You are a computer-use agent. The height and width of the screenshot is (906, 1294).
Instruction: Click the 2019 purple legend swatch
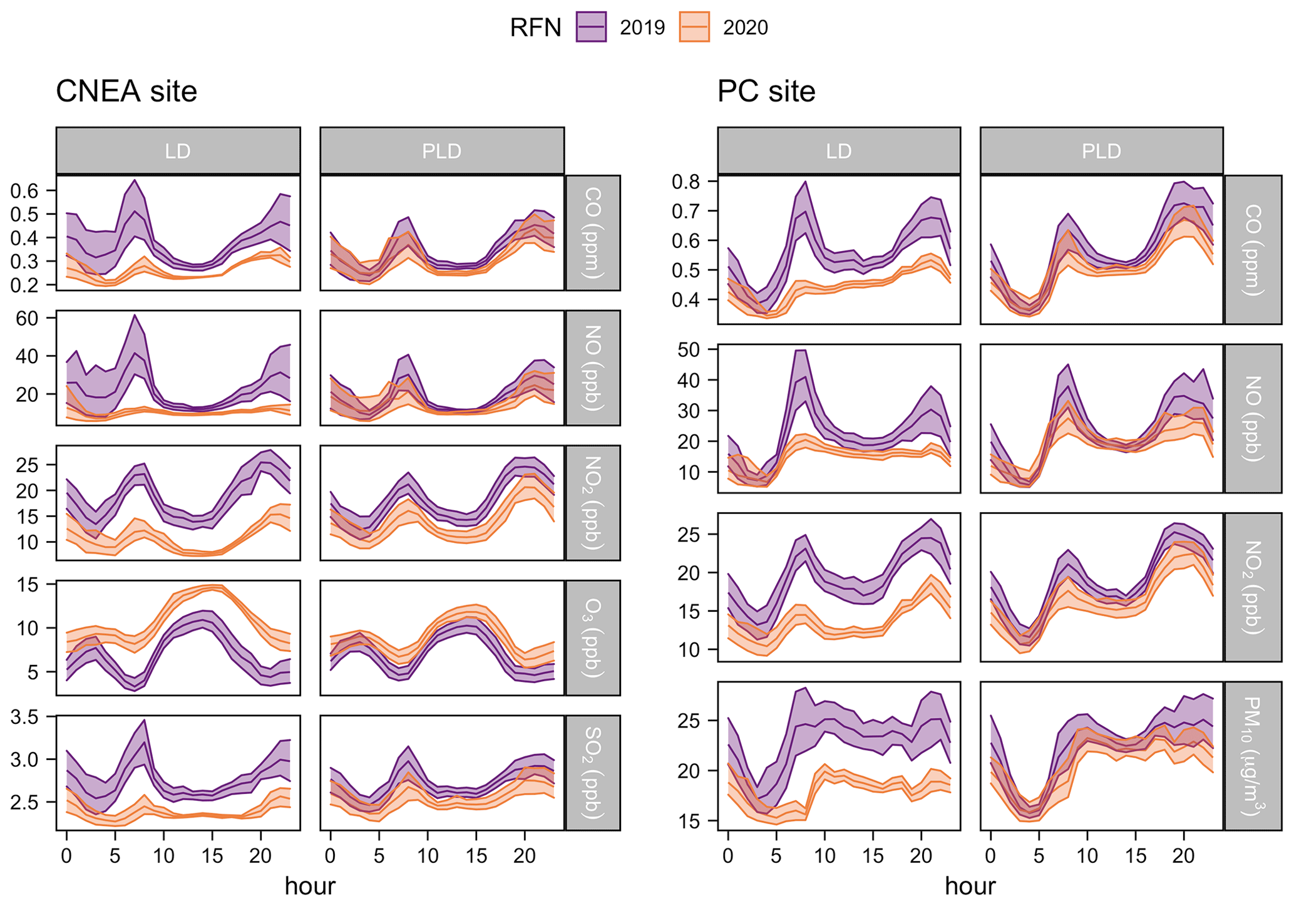(591, 28)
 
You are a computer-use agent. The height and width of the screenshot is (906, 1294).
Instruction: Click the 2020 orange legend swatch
(694, 28)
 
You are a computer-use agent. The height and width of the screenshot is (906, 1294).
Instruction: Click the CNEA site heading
(126, 91)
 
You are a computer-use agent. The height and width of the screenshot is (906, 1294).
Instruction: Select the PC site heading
(766, 91)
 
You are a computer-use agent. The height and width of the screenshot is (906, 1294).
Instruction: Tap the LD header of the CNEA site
(178, 151)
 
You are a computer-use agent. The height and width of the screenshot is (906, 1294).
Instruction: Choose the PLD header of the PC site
(1101, 151)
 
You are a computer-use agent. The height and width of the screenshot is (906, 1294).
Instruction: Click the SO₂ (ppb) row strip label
(593, 773)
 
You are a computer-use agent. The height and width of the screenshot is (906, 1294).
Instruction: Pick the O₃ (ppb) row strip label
(593, 637)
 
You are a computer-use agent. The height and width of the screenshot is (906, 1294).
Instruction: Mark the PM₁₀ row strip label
(1253, 756)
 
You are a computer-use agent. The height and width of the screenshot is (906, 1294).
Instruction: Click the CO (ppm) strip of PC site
(1253, 249)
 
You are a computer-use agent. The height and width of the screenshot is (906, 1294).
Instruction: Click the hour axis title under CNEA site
(310, 886)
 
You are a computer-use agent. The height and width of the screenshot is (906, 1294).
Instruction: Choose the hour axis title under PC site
(970, 886)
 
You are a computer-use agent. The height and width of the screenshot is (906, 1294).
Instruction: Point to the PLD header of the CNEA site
(442, 151)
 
